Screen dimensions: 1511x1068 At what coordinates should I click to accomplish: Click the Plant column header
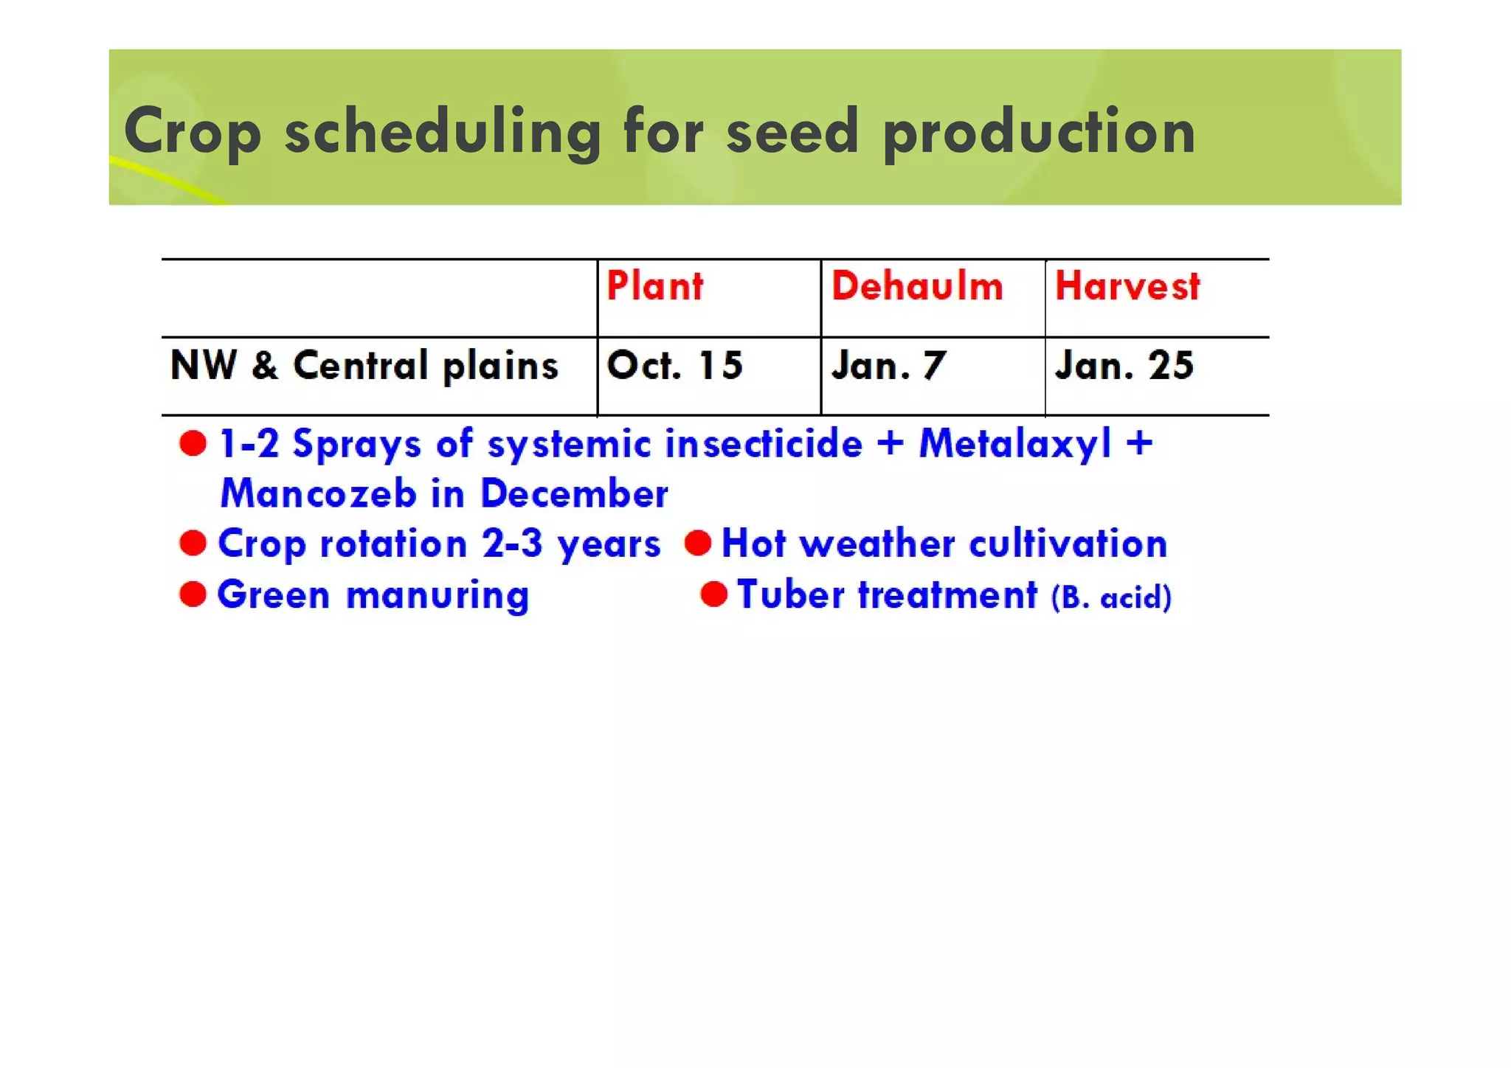[x=654, y=286]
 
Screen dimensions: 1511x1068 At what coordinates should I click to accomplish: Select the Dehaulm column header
[x=917, y=286]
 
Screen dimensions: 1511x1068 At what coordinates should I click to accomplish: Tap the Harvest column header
[x=1127, y=286]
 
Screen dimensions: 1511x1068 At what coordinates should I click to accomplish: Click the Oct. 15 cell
[x=674, y=366]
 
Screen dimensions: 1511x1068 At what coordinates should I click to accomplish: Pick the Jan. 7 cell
[x=888, y=366]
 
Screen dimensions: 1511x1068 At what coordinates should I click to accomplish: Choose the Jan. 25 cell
[x=1124, y=366]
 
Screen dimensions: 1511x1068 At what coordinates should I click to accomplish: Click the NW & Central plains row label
[x=364, y=366]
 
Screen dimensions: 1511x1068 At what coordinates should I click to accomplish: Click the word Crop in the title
[x=193, y=132]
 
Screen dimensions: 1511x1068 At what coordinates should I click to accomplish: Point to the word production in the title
[x=1039, y=132]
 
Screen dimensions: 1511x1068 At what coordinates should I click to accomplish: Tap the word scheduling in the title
[x=443, y=132]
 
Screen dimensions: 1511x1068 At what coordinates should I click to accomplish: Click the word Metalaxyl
[x=1015, y=445]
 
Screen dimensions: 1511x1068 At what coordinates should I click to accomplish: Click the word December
[x=574, y=493]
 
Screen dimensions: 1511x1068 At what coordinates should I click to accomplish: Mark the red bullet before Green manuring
[x=193, y=594]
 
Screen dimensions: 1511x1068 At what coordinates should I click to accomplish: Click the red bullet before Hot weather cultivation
[x=698, y=544]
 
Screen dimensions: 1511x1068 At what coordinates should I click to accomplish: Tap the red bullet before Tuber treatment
[x=714, y=594]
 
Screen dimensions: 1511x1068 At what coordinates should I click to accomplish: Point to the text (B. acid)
[x=1111, y=597]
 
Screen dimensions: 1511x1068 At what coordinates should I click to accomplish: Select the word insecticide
[x=764, y=445]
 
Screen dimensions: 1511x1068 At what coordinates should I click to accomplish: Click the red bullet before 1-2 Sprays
[x=193, y=444]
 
